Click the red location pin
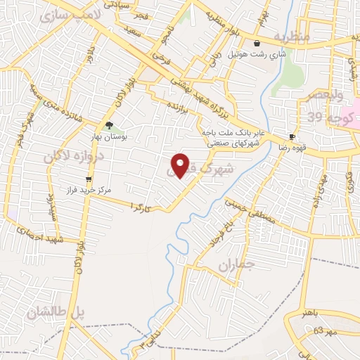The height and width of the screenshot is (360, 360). [181, 165]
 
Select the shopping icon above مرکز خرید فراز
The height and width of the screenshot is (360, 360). [87, 179]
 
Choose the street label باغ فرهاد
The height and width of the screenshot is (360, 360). [217, 237]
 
